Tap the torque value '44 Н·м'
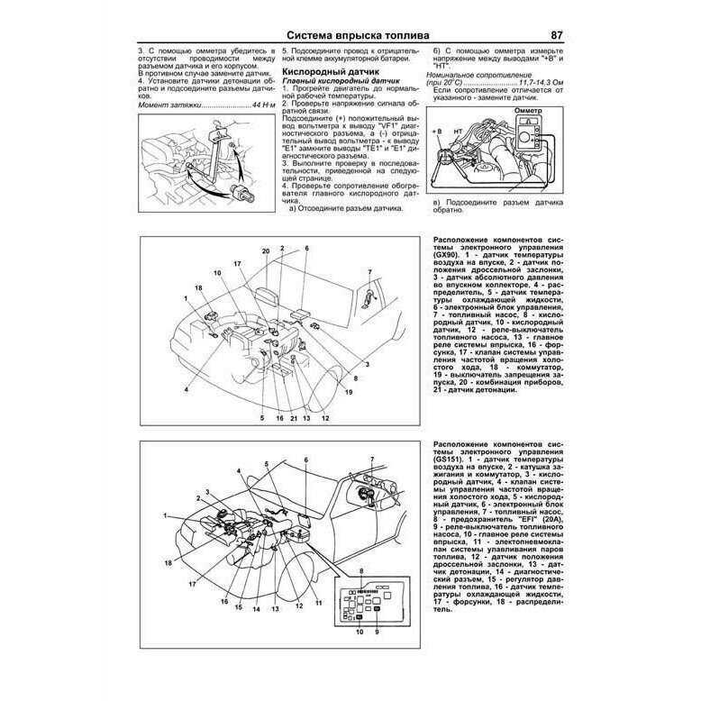pyautogui.click(x=258, y=105)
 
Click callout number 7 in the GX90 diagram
pyautogui.click(x=369, y=272)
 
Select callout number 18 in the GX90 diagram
pyautogui.click(x=197, y=287)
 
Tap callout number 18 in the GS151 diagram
pyautogui.click(x=168, y=563)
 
